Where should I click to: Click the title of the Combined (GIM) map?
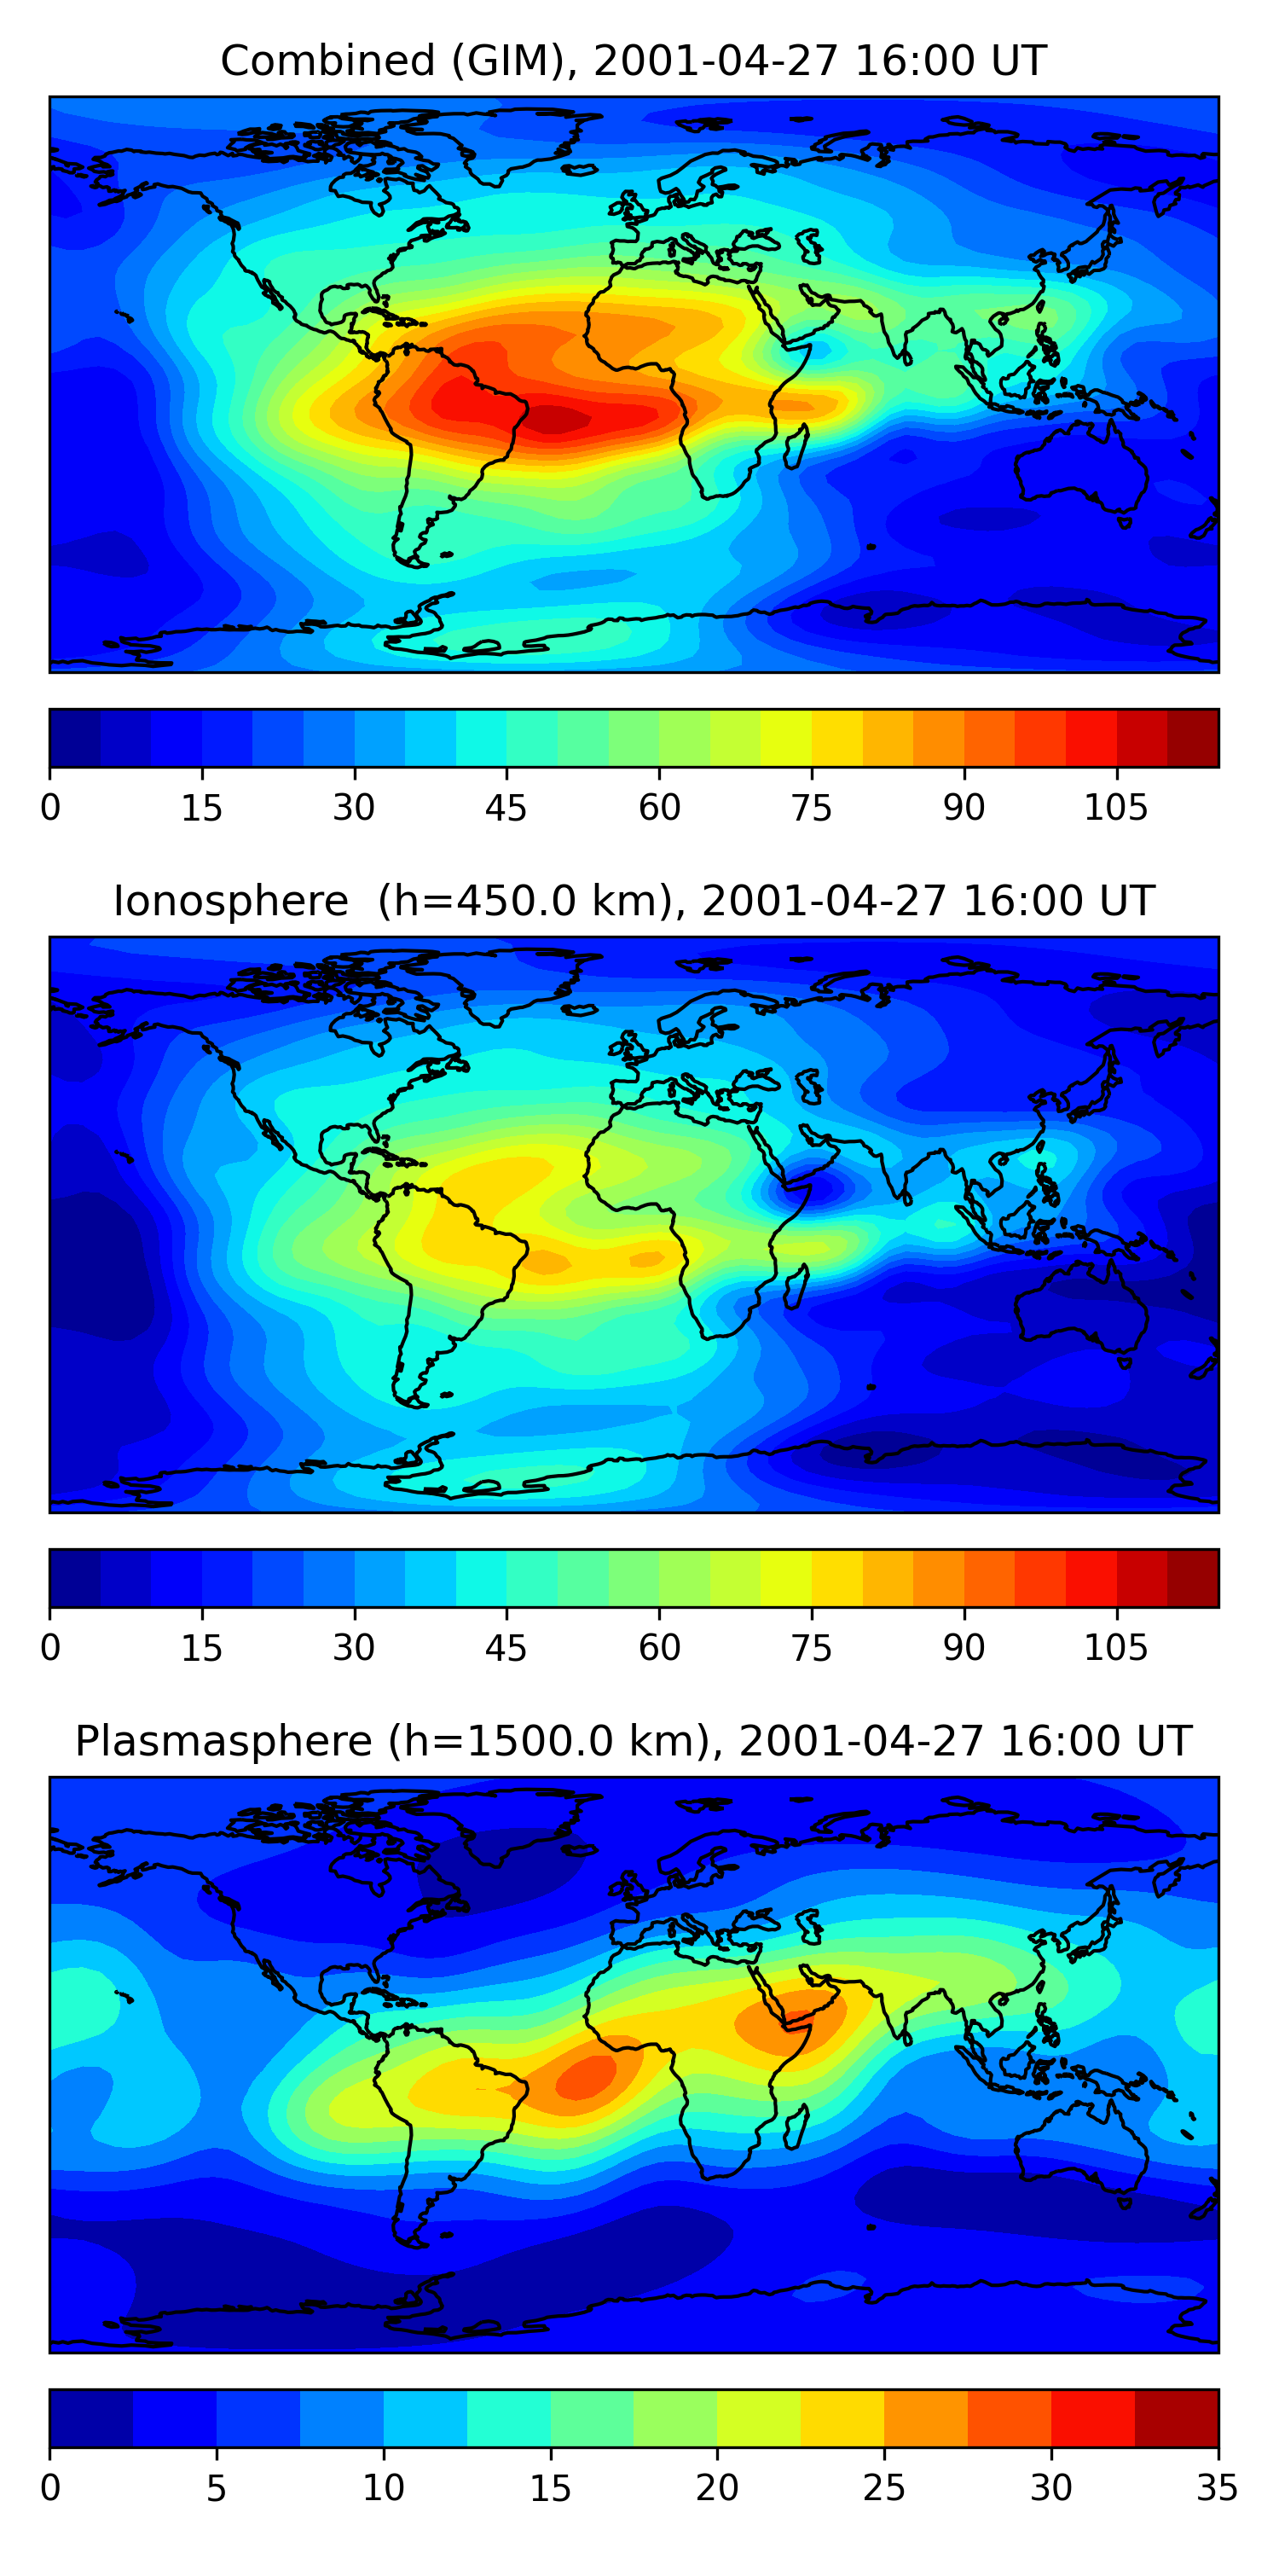(x=634, y=61)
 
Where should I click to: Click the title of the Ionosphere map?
(x=634, y=901)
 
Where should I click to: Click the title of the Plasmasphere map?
(x=634, y=1742)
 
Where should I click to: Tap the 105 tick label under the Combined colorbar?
(x=1115, y=808)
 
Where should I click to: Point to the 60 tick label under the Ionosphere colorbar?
(x=659, y=1648)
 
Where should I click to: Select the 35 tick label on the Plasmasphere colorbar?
(x=1217, y=2488)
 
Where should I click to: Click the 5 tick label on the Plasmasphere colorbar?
(x=217, y=2488)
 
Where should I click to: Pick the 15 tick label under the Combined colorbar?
(x=201, y=808)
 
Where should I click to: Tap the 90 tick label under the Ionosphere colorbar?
(x=964, y=1648)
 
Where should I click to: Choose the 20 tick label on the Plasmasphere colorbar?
(x=717, y=2488)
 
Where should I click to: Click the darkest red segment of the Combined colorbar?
(x=1193, y=738)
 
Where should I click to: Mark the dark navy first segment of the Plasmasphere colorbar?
(x=91, y=2419)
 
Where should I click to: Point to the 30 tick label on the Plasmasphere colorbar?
(x=1050, y=2488)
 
